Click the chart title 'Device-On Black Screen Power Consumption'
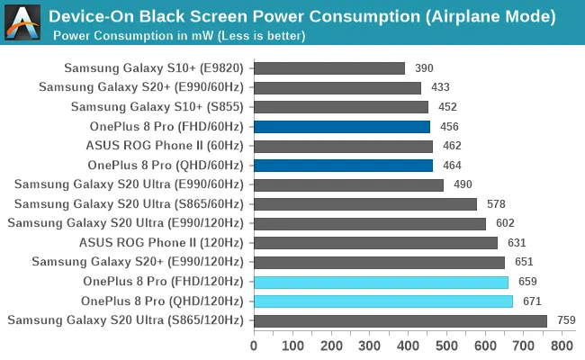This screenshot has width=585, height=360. coord(301,16)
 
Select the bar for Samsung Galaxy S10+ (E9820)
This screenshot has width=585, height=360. coord(328,68)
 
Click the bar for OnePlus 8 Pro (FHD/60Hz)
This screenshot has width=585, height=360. coord(342,127)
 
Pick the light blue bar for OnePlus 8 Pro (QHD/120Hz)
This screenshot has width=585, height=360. coord(383,301)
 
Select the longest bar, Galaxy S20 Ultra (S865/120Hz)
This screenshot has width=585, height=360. coord(400,320)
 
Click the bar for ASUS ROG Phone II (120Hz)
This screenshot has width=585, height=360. coord(375,243)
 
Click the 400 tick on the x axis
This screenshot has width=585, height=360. coord(409,346)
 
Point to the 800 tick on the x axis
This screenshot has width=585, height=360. coord(562,346)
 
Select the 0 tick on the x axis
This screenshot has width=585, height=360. coord(254,346)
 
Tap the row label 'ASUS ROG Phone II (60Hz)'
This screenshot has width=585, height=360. coord(165,146)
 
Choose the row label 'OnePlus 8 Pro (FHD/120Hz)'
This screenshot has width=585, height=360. coord(163,282)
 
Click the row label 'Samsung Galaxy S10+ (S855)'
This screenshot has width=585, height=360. coord(157,107)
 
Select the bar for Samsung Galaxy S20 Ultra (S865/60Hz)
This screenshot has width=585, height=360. coord(365,204)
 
